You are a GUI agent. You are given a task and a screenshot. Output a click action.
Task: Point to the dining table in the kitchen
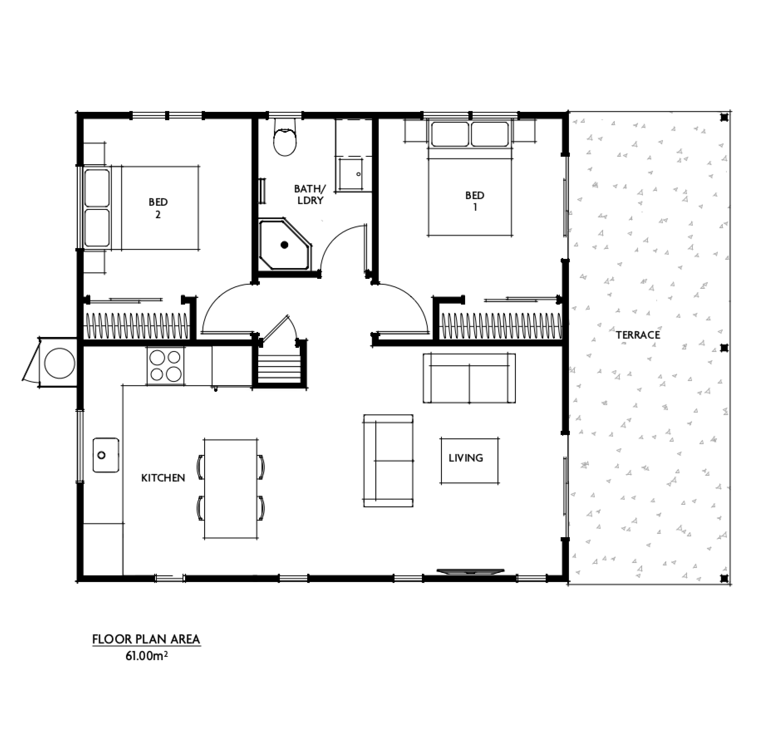231,488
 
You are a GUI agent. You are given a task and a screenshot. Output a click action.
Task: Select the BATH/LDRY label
310,195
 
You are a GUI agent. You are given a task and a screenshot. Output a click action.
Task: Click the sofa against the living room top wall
469,378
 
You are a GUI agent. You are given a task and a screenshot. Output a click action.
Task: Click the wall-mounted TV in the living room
471,571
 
